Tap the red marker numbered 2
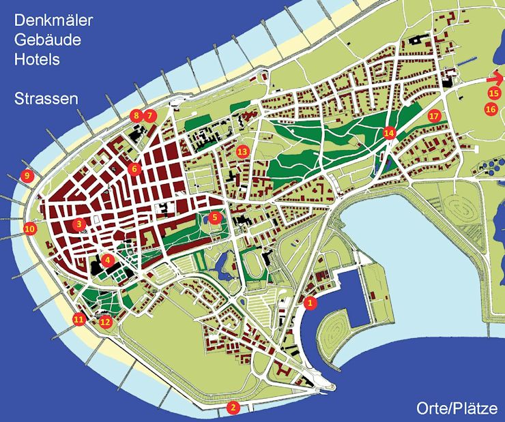coord(233,408)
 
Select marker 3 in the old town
coord(80,224)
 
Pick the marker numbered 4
coord(106,260)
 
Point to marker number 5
coord(215,218)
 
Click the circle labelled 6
coord(134,168)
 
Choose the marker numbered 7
coord(149,115)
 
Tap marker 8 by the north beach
coord(136,115)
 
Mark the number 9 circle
coord(27,176)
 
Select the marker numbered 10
coord(29,229)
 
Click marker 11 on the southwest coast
coord(78,318)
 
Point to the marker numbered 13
coord(241,151)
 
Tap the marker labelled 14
coord(390,133)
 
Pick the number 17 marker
coord(433,116)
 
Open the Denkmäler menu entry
coord(53,20)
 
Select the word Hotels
coord(37,59)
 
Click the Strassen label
coord(46,99)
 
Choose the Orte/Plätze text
coord(457,408)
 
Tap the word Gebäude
coord(47,40)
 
